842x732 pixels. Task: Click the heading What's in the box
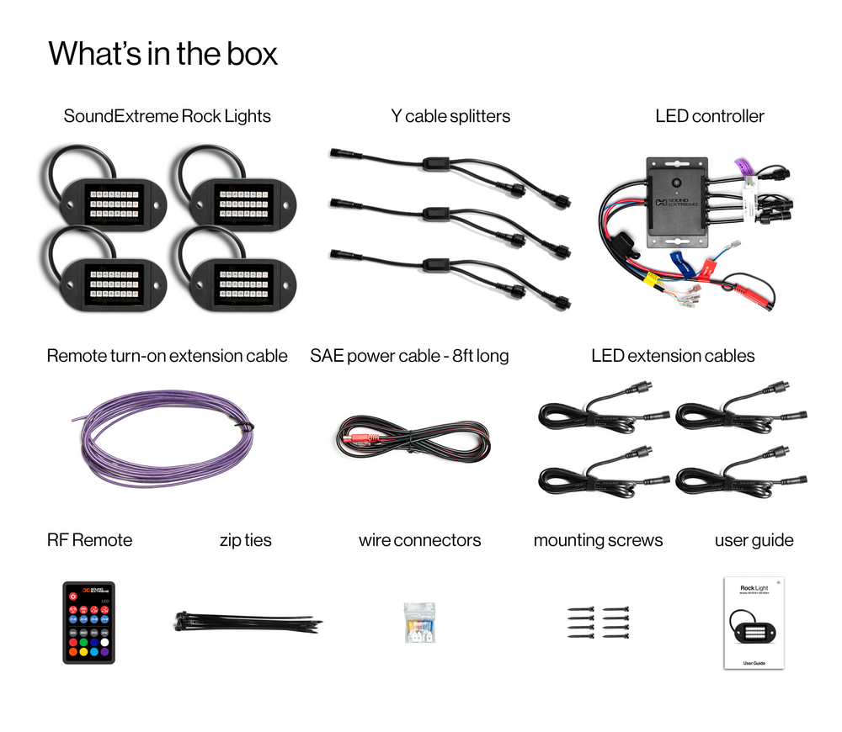click(163, 54)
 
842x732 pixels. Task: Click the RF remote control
click(88, 622)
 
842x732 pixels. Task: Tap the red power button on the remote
click(73, 596)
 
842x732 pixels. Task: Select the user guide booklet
click(754, 623)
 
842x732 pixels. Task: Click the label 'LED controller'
click(709, 116)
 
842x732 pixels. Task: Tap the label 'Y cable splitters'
click(450, 116)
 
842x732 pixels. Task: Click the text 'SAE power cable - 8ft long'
click(409, 356)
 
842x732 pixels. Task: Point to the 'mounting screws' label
click(598, 540)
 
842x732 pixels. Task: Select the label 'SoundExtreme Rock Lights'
click(167, 116)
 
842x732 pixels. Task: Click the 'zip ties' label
click(245, 540)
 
